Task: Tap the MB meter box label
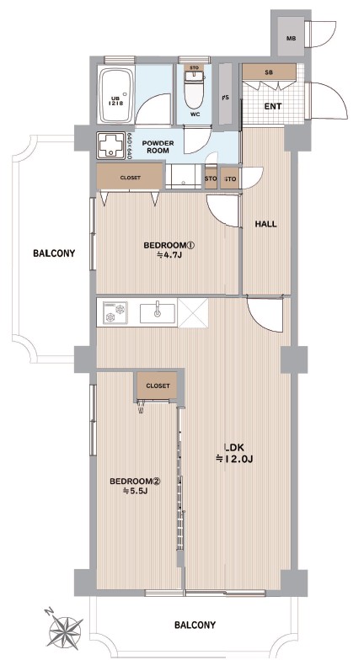pyautogui.click(x=292, y=39)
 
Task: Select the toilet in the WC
pyautogui.click(x=194, y=88)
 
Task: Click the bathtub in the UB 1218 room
pyautogui.click(x=116, y=95)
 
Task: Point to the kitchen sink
pyautogui.click(x=158, y=311)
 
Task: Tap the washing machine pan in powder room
pyautogui.click(x=111, y=146)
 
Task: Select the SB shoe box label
pyautogui.click(x=268, y=72)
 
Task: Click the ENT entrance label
pyautogui.click(x=273, y=106)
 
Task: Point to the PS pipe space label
pyautogui.click(x=226, y=98)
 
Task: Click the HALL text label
pyautogui.click(x=266, y=224)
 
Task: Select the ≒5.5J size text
pyautogui.click(x=135, y=491)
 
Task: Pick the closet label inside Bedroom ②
pyautogui.click(x=158, y=386)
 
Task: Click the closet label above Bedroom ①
pyautogui.click(x=130, y=178)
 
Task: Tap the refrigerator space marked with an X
pyautogui.click(x=192, y=312)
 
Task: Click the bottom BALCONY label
pyautogui.click(x=195, y=625)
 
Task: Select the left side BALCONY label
pyautogui.click(x=54, y=253)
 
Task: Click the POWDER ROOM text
pyautogui.click(x=158, y=146)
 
